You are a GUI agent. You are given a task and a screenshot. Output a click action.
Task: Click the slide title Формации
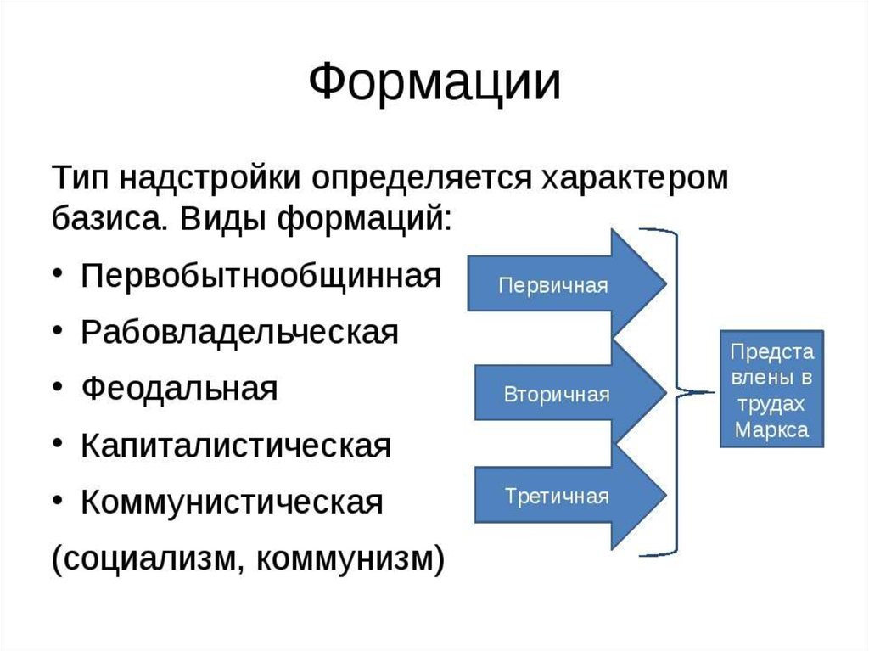[434, 83]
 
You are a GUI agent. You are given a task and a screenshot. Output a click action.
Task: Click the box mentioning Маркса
[771, 390]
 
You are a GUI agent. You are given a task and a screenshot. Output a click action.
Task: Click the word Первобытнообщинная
[262, 275]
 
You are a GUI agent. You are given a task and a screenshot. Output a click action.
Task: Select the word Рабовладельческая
[240, 332]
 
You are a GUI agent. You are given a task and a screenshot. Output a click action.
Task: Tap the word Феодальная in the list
[181, 389]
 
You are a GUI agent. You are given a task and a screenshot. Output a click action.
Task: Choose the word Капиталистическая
[237, 446]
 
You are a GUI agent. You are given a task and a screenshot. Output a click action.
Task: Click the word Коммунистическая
[233, 502]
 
